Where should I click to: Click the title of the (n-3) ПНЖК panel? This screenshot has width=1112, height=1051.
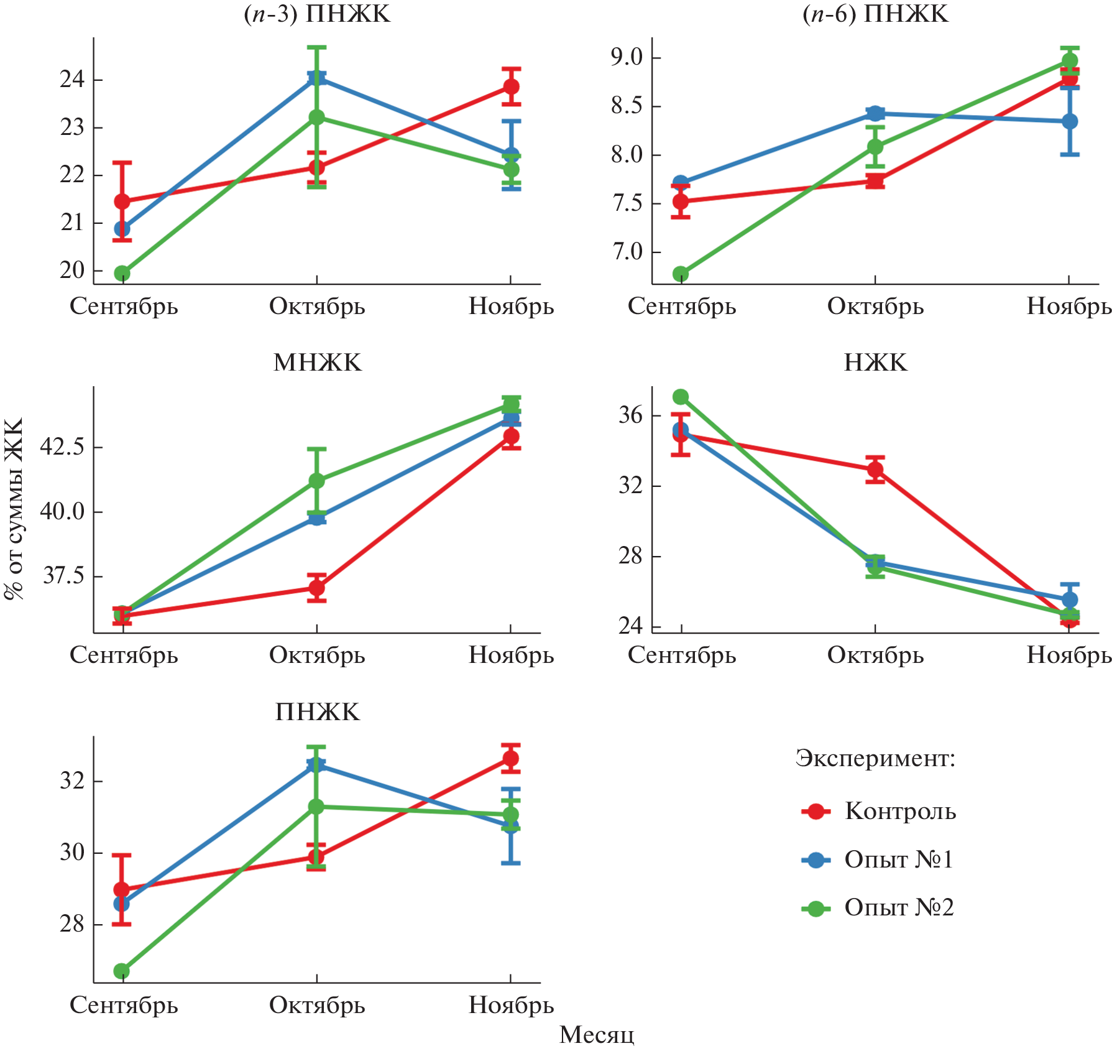click(x=317, y=14)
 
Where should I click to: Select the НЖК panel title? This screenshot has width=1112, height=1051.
click(x=875, y=363)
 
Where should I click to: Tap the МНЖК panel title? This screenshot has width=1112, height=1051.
click(x=317, y=363)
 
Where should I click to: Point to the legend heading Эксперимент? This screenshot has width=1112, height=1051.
click(x=875, y=759)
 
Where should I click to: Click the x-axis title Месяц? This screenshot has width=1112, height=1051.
click(x=597, y=1035)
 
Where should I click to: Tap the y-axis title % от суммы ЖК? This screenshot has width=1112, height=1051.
click(x=14, y=509)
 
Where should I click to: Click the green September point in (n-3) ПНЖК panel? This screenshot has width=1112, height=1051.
click(x=122, y=273)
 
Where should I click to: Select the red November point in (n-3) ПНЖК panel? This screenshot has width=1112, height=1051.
click(x=511, y=86)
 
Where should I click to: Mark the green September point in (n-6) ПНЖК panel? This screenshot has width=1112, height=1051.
click(x=681, y=274)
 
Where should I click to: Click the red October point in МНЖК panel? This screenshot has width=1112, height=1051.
click(x=317, y=587)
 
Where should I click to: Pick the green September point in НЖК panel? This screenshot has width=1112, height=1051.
click(x=681, y=397)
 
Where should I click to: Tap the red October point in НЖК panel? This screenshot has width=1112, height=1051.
click(x=875, y=470)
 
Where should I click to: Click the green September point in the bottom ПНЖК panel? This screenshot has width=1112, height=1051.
click(x=122, y=971)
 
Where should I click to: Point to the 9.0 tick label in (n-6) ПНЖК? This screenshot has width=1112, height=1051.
click(x=627, y=57)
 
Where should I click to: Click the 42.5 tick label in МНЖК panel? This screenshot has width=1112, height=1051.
click(x=62, y=447)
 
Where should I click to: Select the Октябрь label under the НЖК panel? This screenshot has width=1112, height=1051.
click(x=875, y=655)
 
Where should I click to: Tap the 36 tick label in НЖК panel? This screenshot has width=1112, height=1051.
click(x=630, y=415)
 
